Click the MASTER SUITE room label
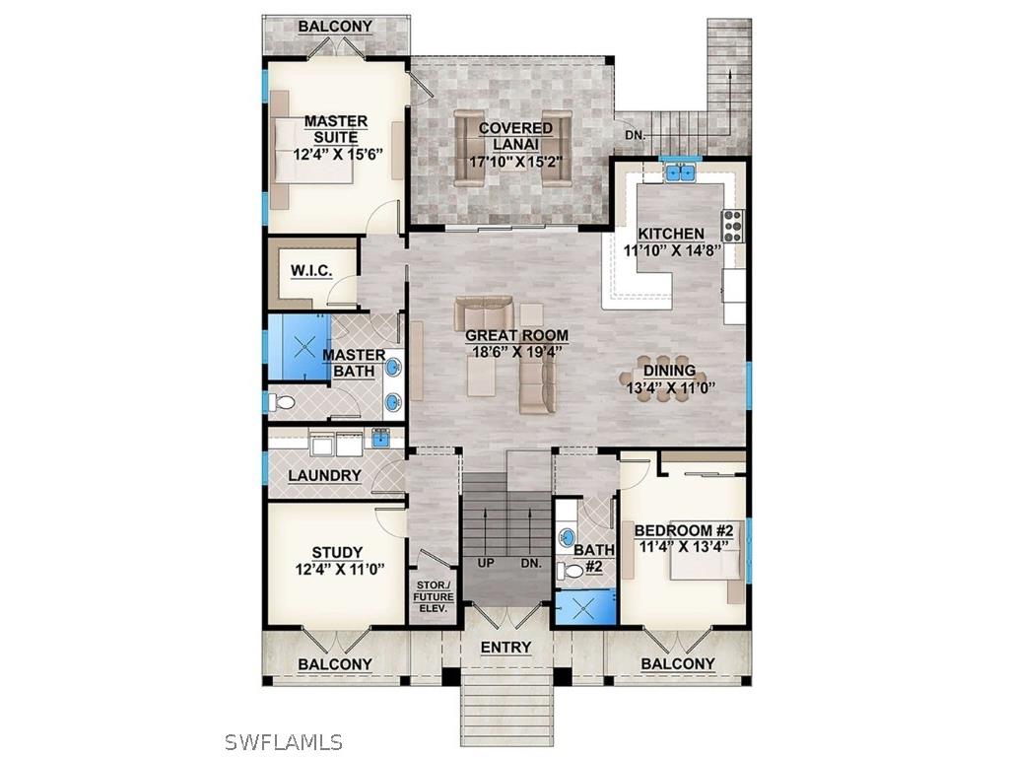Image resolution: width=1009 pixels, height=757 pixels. tap(336, 129)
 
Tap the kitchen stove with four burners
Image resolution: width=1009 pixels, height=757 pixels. tap(733, 227)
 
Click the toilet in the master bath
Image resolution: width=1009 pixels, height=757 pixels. tap(282, 402)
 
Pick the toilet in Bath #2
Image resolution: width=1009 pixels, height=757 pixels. tap(569, 571)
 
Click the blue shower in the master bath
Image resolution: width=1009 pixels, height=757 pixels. tap(298, 347)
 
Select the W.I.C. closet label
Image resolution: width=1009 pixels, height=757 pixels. tap(310, 270)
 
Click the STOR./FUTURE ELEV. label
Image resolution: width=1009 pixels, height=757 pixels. tap(431, 596)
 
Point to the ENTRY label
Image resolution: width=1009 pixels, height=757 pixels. tap(505, 648)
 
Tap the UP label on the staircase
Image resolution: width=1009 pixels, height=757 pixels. tap(486, 564)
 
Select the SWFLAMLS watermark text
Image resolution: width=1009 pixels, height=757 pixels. tap(283, 741)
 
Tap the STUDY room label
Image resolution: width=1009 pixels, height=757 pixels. tap(337, 553)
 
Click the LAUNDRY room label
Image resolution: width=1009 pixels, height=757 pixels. tap(324, 476)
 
